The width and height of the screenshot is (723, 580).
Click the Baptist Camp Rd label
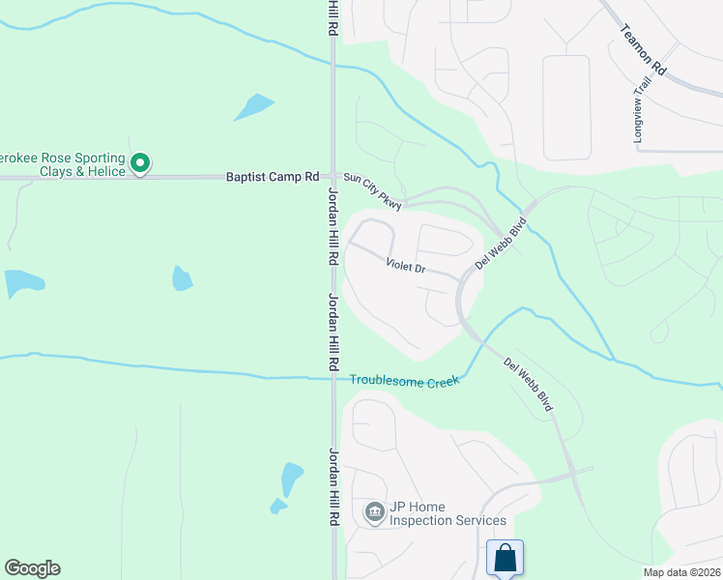pos(273,177)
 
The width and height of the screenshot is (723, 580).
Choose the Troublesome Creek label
pos(404,382)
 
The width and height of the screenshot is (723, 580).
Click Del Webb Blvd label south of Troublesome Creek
pos(528,385)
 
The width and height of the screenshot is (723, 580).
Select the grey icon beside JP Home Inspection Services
pos(374,511)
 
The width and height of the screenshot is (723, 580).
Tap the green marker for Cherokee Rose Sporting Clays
pos(140,163)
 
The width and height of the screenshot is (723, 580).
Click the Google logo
pos(32,568)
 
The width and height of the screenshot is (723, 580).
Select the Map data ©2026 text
pos(681,572)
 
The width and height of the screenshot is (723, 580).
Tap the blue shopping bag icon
pos(505,558)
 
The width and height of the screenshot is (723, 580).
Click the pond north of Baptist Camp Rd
pos(254,106)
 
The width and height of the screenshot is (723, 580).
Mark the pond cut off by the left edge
pos(21,282)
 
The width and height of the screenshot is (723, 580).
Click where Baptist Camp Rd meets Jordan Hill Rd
pos(333,177)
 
